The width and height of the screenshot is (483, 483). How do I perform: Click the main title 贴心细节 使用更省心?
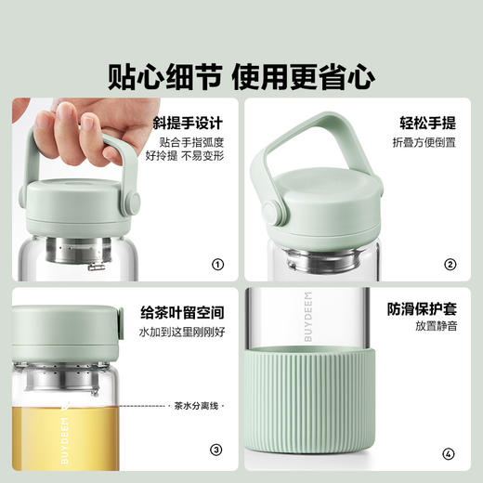coord(241,72)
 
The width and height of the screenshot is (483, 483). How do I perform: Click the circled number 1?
coord(217,265)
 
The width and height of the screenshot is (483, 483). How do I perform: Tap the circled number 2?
coord(450,265)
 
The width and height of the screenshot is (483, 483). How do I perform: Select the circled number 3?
coord(217,450)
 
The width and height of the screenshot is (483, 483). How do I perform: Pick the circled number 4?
coord(450,450)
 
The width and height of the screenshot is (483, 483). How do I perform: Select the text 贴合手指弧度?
coord(191,142)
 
